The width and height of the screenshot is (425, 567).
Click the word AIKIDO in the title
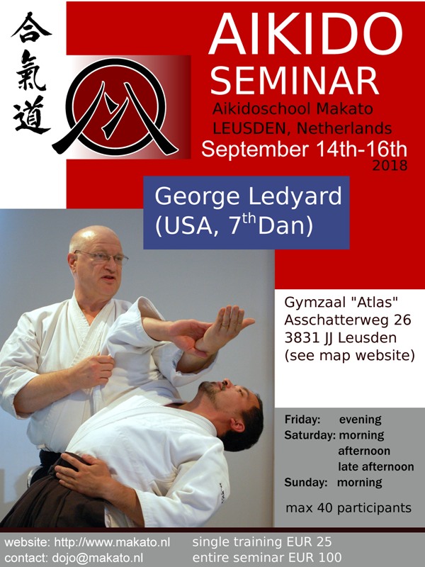coord(305,33)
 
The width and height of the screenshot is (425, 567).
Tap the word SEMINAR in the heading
coord(294,81)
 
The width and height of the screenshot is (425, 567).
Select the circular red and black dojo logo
coord(115,108)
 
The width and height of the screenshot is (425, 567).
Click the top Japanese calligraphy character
coord(31,28)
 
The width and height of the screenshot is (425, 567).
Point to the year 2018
coord(390,166)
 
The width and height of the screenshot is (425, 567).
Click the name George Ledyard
coord(249,196)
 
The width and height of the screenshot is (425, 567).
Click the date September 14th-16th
coord(305,150)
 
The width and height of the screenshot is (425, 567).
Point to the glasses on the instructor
coord(102,257)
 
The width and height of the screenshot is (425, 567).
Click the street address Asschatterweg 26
coord(348,320)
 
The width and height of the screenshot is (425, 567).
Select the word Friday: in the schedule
coord(302,420)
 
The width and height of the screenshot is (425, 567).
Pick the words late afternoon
coord(376,467)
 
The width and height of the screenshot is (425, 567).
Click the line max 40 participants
coord(348,508)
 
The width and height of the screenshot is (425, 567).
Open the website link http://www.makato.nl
coord(112,542)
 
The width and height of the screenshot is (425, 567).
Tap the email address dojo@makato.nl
coord(97,557)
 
